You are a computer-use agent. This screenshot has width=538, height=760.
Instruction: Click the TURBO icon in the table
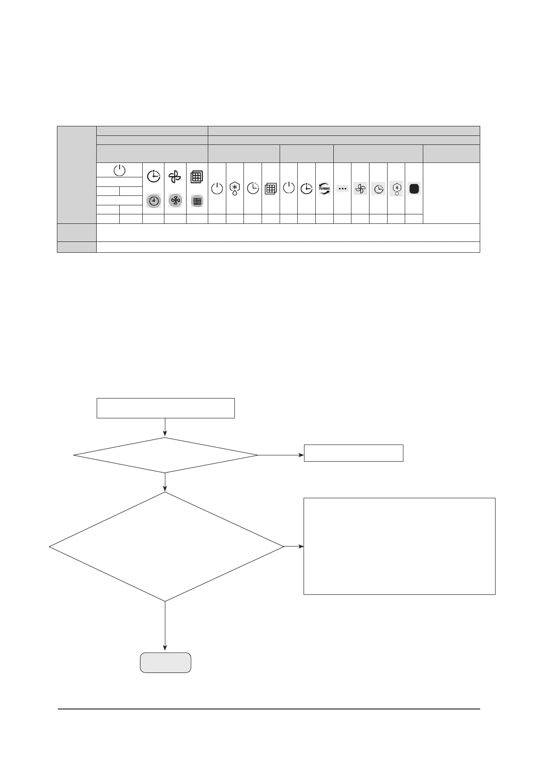click(324, 189)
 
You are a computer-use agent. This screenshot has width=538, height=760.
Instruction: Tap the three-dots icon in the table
click(342, 188)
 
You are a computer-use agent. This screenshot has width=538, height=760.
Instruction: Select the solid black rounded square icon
click(414, 189)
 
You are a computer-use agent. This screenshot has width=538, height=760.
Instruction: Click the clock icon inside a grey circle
click(154, 201)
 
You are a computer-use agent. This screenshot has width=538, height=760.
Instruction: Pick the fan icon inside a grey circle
click(175, 201)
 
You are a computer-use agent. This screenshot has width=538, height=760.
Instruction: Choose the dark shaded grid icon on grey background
click(197, 201)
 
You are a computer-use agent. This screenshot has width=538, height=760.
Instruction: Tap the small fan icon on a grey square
click(360, 189)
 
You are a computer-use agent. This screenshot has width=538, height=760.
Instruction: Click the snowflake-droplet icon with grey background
click(396, 189)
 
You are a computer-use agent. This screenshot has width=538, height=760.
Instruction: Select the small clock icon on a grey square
click(379, 189)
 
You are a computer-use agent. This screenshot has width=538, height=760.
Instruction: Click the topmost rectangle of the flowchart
click(166, 408)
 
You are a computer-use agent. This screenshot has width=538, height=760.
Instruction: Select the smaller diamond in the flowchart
click(165, 455)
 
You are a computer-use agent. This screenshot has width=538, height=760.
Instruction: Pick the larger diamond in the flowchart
click(166, 547)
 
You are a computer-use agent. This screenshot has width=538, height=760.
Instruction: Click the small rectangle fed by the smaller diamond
click(353, 453)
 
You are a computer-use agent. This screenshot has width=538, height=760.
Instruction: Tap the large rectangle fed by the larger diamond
click(399, 546)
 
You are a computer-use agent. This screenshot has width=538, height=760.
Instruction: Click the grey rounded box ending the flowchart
click(165, 663)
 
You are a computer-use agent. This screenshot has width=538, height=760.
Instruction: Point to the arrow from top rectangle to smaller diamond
click(165, 427)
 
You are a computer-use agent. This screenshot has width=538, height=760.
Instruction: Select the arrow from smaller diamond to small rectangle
click(281, 455)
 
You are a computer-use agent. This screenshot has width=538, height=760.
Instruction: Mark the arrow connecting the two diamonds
click(165, 482)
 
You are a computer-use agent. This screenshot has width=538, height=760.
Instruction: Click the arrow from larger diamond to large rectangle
click(294, 547)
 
